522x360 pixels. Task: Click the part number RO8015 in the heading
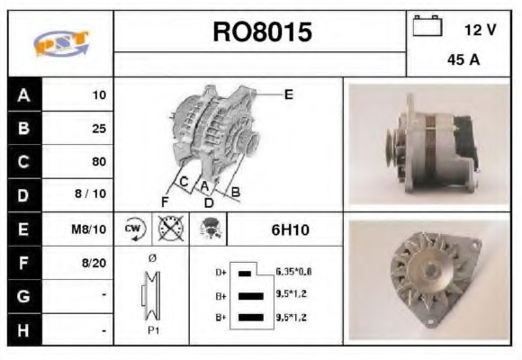pos(262,33)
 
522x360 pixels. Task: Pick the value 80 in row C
pos(99,162)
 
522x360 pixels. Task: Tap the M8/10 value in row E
pos(92,229)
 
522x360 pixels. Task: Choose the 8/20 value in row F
pos(95,263)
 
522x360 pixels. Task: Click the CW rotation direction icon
pos(132,229)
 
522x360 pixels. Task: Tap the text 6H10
pos(290,230)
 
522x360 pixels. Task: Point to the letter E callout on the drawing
pos(288,93)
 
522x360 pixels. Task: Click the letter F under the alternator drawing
pos(165,200)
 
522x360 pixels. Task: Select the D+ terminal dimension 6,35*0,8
pos(294,271)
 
